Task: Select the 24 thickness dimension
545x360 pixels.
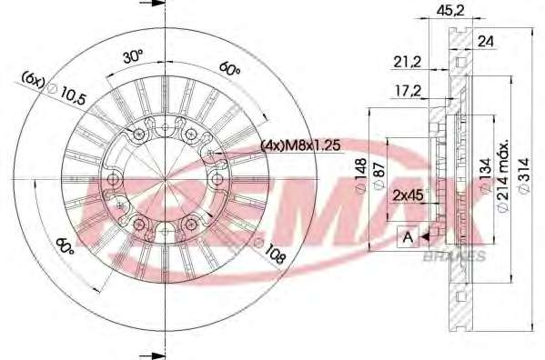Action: [x=486, y=42]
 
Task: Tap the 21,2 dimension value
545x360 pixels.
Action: [x=407, y=62]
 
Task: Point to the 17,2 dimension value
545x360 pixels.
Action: [x=408, y=92]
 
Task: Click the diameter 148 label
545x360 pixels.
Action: [x=361, y=176]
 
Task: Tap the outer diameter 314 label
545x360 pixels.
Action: [x=523, y=175]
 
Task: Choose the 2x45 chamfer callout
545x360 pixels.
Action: [x=409, y=195]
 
